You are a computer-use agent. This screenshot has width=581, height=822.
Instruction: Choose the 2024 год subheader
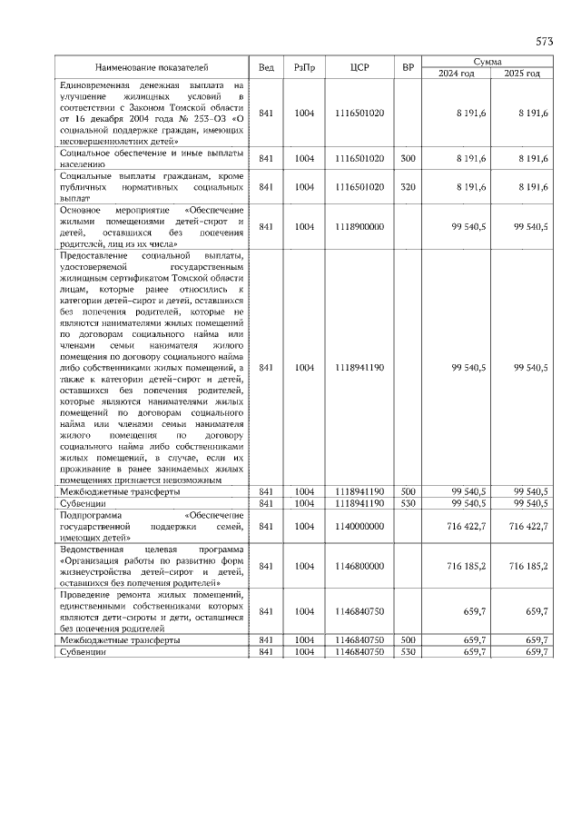tap(457, 74)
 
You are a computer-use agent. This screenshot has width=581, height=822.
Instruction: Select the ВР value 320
tap(408, 186)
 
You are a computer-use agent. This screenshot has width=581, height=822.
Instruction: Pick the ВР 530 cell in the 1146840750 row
tap(408, 652)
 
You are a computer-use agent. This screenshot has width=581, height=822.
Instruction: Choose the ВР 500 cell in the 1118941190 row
tap(408, 490)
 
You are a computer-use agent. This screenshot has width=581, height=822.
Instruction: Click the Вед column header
tap(266, 67)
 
